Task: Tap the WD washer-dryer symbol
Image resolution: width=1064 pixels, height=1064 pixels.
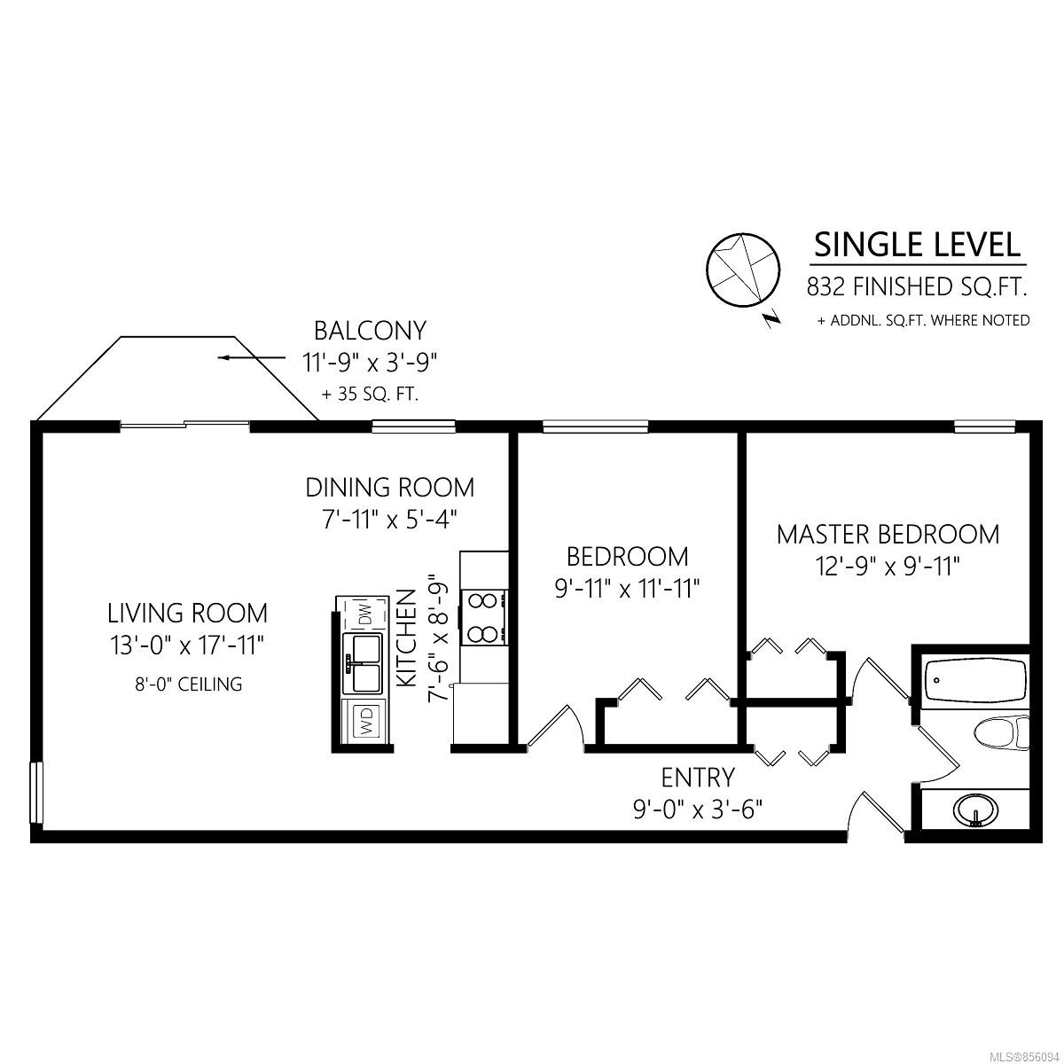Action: click(x=365, y=721)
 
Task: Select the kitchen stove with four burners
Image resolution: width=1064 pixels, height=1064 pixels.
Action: click(x=484, y=617)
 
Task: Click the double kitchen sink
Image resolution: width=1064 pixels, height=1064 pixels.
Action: click(x=363, y=663)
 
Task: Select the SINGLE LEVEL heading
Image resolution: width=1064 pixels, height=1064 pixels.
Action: click(x=917, y=245)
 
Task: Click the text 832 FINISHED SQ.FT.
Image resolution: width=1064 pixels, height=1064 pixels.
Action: click(x=917, y=287)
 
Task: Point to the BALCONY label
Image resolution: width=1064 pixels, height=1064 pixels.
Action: click(x=370, y=331)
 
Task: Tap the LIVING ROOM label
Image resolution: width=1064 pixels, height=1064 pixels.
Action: click(x=187, y=614)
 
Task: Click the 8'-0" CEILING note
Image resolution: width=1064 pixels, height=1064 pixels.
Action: click(x=188, y=685)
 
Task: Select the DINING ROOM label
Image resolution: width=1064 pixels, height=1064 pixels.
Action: click(x=390, y=488)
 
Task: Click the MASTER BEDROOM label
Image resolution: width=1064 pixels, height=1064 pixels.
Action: click(x=888, y=535)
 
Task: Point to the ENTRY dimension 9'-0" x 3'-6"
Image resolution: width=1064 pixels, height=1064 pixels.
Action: click(x=698, y=810)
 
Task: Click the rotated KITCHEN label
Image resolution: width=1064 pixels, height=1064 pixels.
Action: click(x=407, y=638)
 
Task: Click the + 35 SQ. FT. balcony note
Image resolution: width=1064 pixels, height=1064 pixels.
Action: click(x=370, y=395)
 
